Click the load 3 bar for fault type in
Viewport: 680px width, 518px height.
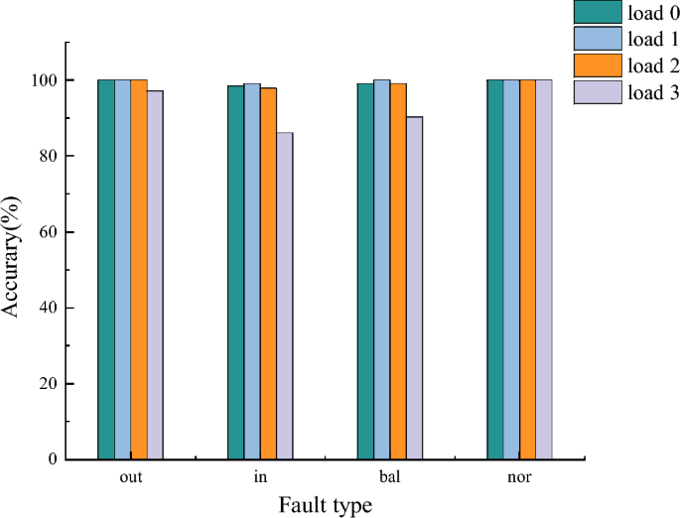[x=284, y=296]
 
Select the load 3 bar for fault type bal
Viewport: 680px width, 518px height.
[x=414, y=288]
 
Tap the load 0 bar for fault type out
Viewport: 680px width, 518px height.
[x=106, y=269]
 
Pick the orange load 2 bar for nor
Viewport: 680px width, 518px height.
[x=527, y=269]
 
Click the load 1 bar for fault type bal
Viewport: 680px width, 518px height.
[x=381, y=269]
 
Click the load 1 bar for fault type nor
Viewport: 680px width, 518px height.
[x=511, y=269]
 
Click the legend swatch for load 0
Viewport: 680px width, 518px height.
[x=596, y=12]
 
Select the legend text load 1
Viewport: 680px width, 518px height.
[x=650, y=40]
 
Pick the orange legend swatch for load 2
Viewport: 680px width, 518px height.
[x=596, y=66]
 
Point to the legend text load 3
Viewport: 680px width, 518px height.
[x=650, y=93]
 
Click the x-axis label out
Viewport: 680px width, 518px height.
[x=130, y=477]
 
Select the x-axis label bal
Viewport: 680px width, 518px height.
[x=389, y=477]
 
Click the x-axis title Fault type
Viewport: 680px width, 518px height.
[x=325, y=505]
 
